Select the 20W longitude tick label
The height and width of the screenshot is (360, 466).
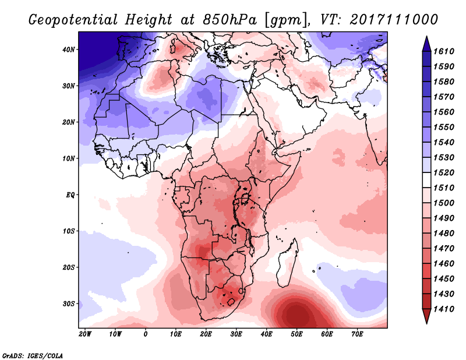tap(85, 334)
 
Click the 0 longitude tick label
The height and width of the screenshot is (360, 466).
tap(146, 334)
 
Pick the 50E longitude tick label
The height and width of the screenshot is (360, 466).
tap(296, 334)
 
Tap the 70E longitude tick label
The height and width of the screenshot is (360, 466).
tap(357, 334)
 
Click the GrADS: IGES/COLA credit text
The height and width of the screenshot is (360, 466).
tap(33, 355)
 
